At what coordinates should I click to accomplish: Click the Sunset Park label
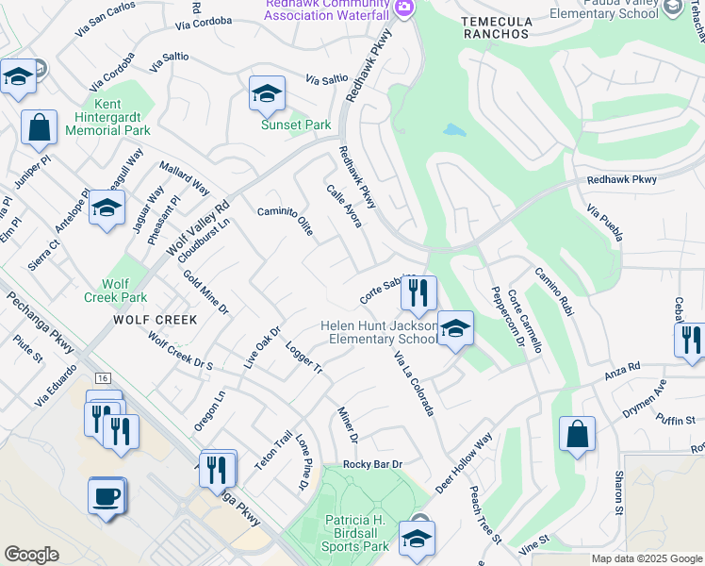coord(296,125)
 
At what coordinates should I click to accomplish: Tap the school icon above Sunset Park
coord(267,93)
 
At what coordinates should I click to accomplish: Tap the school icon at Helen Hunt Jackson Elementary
coord(454,328)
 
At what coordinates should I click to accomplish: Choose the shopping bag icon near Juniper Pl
coord(40,127)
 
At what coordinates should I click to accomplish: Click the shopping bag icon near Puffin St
coord(577,435)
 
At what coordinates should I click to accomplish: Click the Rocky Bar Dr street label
coord(372,464)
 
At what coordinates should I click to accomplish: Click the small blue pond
coord(454,129)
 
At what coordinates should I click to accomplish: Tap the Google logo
coord(31,555)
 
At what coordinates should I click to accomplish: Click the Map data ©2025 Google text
coord(646,558)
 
